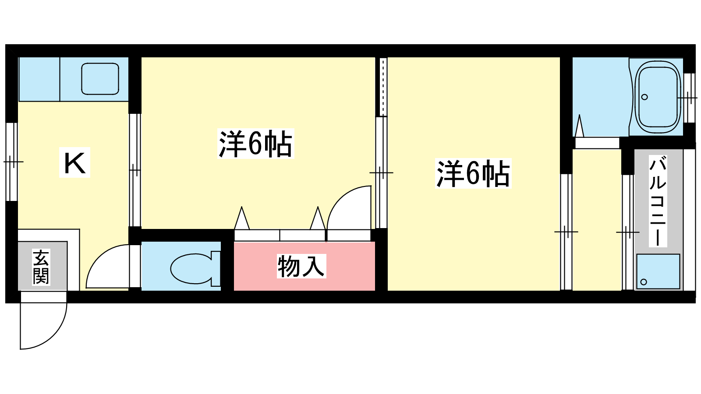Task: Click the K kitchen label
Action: click(74, 163)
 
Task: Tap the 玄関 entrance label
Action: click(41, 267)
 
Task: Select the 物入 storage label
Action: click(301, 266)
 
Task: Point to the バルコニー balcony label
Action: click(658, 201)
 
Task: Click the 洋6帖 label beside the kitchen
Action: click(255, 144)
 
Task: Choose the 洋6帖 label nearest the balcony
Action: click(473, 174)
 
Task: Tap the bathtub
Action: click(658, 96)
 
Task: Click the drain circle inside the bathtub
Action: click(644, 97)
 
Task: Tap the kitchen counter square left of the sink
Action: click(39, 79)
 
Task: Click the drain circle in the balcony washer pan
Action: click(644, 281)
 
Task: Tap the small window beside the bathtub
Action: click(689, 98)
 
